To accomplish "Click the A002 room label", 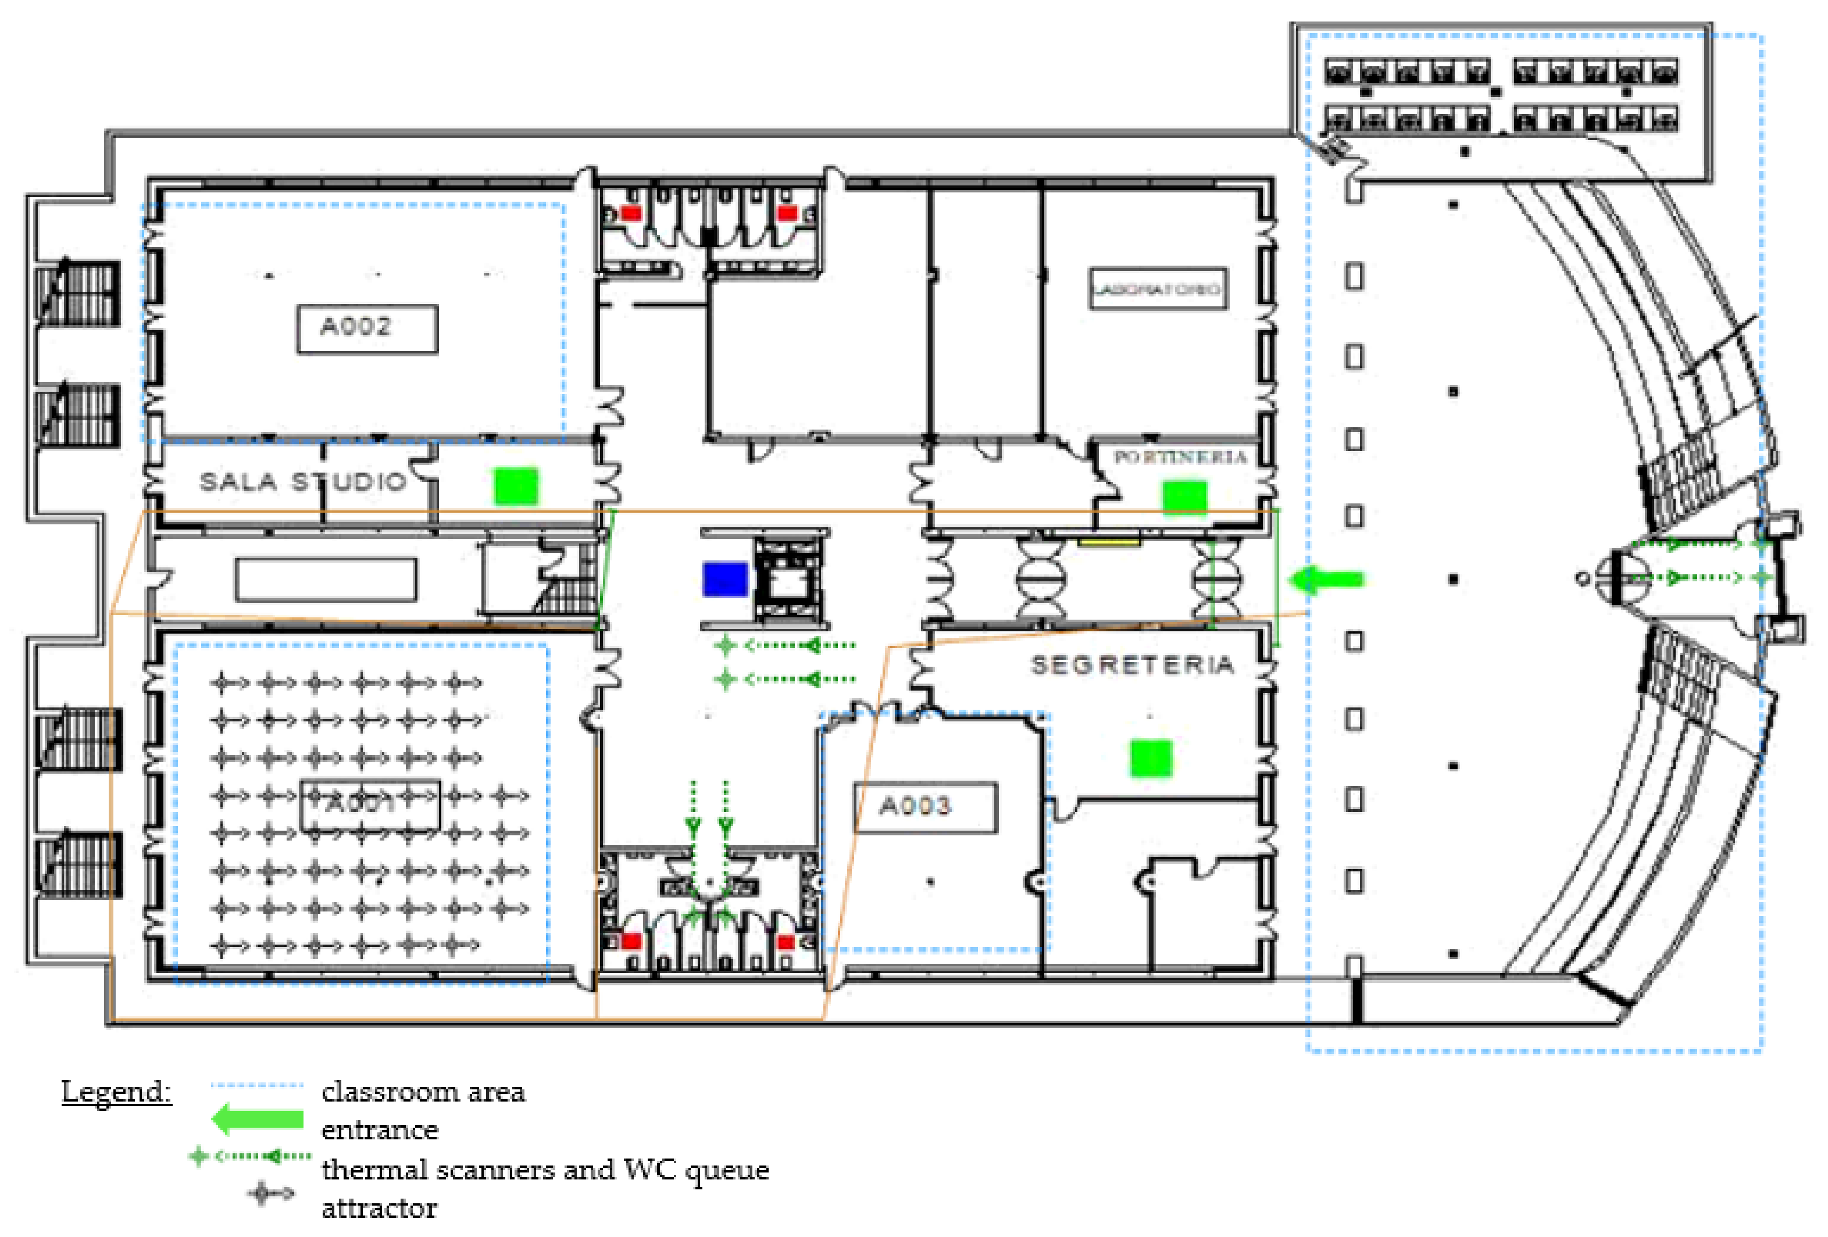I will pyautogui.click(x=366, y=328).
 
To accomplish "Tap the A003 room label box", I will pyautogui.click(x=925, y=807).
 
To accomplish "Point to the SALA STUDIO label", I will pyautogui.click(x=303, y=481).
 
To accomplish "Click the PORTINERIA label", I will pyautogui.click(x=1180, y=457).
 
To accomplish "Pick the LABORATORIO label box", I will pyautogui.click(x=1157, y=288).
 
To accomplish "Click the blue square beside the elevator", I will pyautogui.click(x=724, y=579).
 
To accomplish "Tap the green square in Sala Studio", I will pyautogui.click(x=516, y=486).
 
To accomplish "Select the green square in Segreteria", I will pyautogui.click(x=1151, y=758).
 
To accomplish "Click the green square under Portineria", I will pyautogui.click(x=1184, y=498).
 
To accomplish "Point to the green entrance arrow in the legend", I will pyautogui.click(x=257, y=1119).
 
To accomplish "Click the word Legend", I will pyautogui.click(x=116, y=1092).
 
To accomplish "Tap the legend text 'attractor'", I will pyautogui.click(x=379, y=1208).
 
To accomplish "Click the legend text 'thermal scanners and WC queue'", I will pyautogui.click(x=544, y=1170).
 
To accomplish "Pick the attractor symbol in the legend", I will pyautogui.click(x=270, y=1195).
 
